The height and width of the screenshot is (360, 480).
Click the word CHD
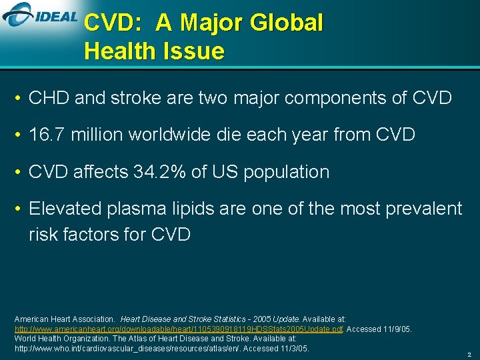point(50,98)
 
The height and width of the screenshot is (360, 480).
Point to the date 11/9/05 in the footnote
point(396,329)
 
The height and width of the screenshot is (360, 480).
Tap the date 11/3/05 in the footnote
point(293,349)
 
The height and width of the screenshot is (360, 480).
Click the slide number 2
point(470,354)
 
